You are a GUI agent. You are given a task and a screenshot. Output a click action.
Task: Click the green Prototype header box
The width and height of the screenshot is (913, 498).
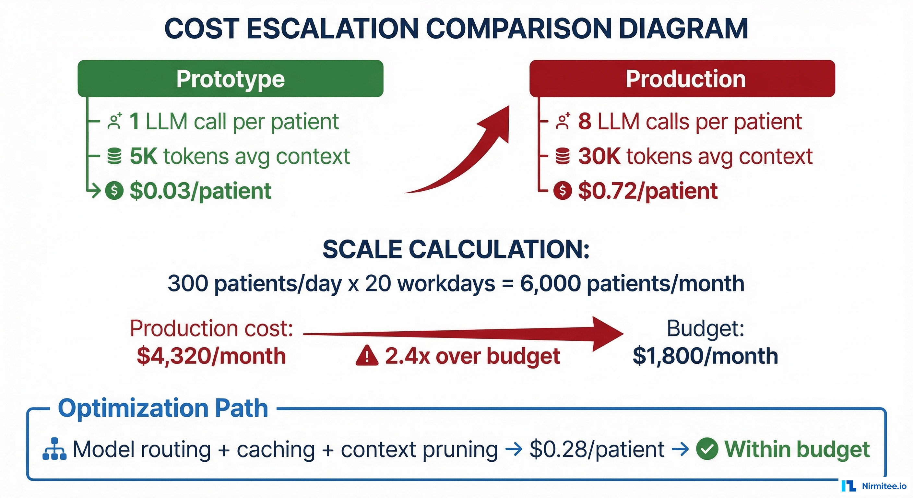tap(231, 79)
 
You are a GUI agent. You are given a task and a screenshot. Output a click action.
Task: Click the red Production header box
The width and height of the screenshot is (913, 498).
tap(682, 79)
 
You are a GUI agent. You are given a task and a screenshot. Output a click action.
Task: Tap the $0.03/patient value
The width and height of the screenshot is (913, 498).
tap(200, 191)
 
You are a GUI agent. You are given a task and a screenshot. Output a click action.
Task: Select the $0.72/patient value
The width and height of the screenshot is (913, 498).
tap(647, 191)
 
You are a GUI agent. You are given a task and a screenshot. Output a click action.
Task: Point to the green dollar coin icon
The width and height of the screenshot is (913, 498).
tap(114, 191)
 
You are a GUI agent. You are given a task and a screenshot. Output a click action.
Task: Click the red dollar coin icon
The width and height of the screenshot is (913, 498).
tap(563, 191)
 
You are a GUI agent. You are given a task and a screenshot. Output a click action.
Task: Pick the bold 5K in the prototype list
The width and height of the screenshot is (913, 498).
tap(144, 156)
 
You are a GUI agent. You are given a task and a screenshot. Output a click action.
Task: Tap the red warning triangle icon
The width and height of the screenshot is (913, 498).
tap(367, 356)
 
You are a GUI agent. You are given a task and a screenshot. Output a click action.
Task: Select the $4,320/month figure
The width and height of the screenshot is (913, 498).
tap(211, 356)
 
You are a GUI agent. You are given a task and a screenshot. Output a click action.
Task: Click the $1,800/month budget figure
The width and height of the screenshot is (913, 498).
tap(705, 356)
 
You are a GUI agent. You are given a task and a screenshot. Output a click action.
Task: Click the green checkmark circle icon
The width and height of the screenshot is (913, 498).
tap(707, 449)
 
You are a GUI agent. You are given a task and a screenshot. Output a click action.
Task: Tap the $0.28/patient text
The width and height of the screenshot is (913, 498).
tap(597, 449)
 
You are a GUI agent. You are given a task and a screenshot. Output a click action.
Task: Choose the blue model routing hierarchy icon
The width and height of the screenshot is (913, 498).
tap(54, 449)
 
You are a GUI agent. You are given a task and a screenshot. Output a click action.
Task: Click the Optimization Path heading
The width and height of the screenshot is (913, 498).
tap(163, 408)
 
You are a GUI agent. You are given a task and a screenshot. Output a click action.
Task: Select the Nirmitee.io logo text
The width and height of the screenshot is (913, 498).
tap(884, 486)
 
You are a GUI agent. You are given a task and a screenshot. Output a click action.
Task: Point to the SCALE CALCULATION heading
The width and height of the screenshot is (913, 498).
tap(456, 249)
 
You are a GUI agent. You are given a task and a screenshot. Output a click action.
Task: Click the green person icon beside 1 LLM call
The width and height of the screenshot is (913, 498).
tap(114, 122)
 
